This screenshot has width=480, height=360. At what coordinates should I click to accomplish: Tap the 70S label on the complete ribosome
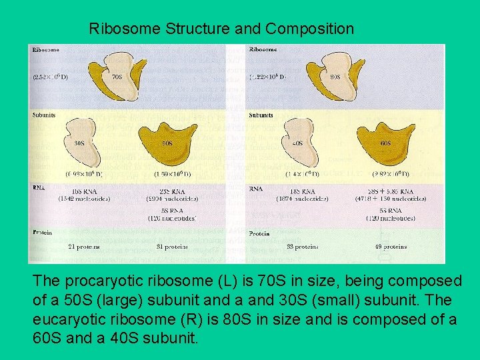pos(117,77)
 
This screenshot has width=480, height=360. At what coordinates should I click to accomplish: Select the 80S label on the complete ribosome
pos(335,77)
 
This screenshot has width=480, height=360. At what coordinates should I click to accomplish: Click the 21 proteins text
pos(84,246)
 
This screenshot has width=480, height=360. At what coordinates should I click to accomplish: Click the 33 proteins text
pos(302,246)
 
